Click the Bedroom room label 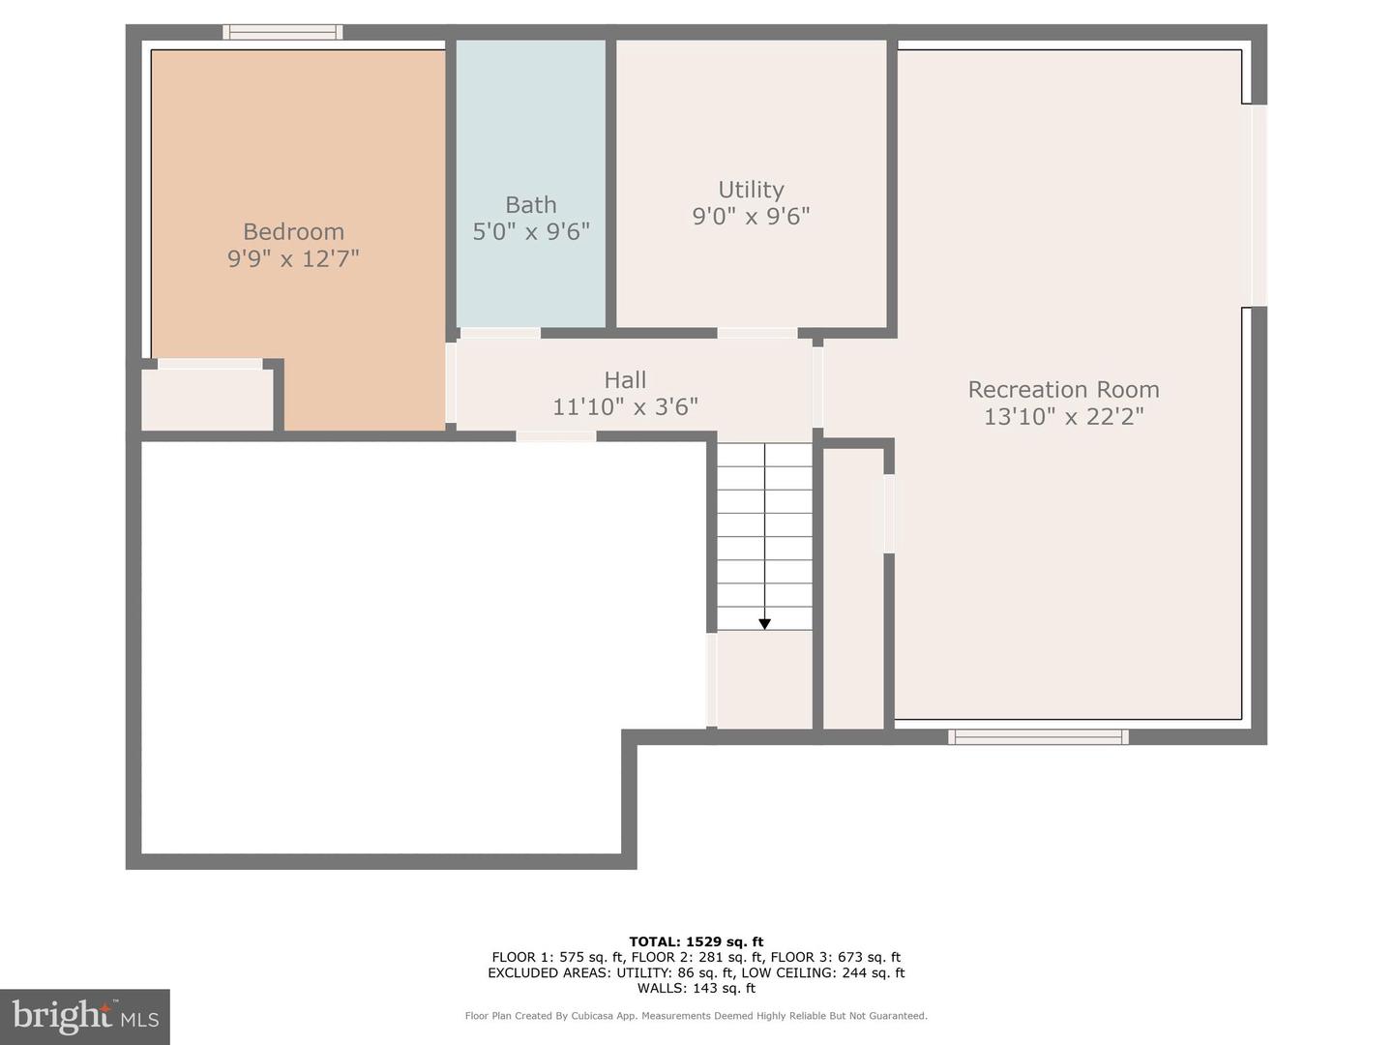tap(293, 232)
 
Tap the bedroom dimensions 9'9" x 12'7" tap(293, 258)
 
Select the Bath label tap(531, 205)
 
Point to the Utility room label tap(751, 190)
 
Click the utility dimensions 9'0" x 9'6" tap(751, 216)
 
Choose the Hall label tap(625, 380)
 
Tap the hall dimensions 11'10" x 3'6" tap(625, 407)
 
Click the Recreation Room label tap(1063, 390)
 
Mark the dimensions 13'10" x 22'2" tap(1063, 417)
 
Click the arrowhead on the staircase tap(764, 624)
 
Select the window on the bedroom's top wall tap(282, 32)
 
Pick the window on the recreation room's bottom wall tap(1038, 737)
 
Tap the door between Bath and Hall tap(500, 333)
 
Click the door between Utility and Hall tap(757, 333)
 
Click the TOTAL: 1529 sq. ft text tap(696, 941)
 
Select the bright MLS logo tap(85, 1016)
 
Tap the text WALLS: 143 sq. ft tap(696, 988)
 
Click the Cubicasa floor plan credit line tap(696, 1016)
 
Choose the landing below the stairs tap(764, 679)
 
